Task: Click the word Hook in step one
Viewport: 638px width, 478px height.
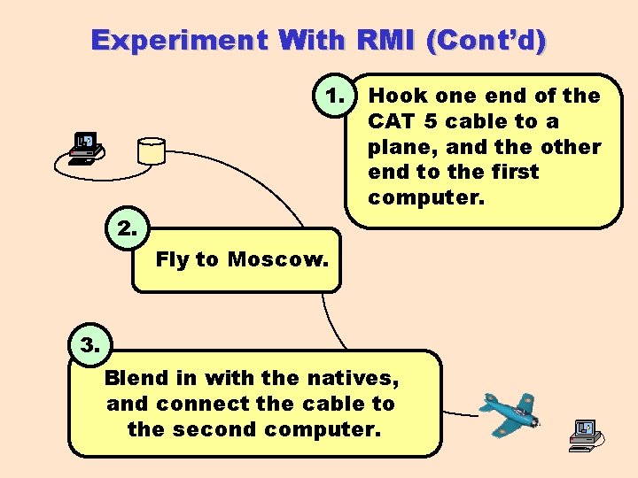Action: [397, 96]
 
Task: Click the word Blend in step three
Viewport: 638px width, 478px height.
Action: [136, 378]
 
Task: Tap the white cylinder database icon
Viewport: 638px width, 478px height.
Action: [151, 150]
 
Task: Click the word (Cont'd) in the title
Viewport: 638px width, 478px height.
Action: [487, 41]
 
